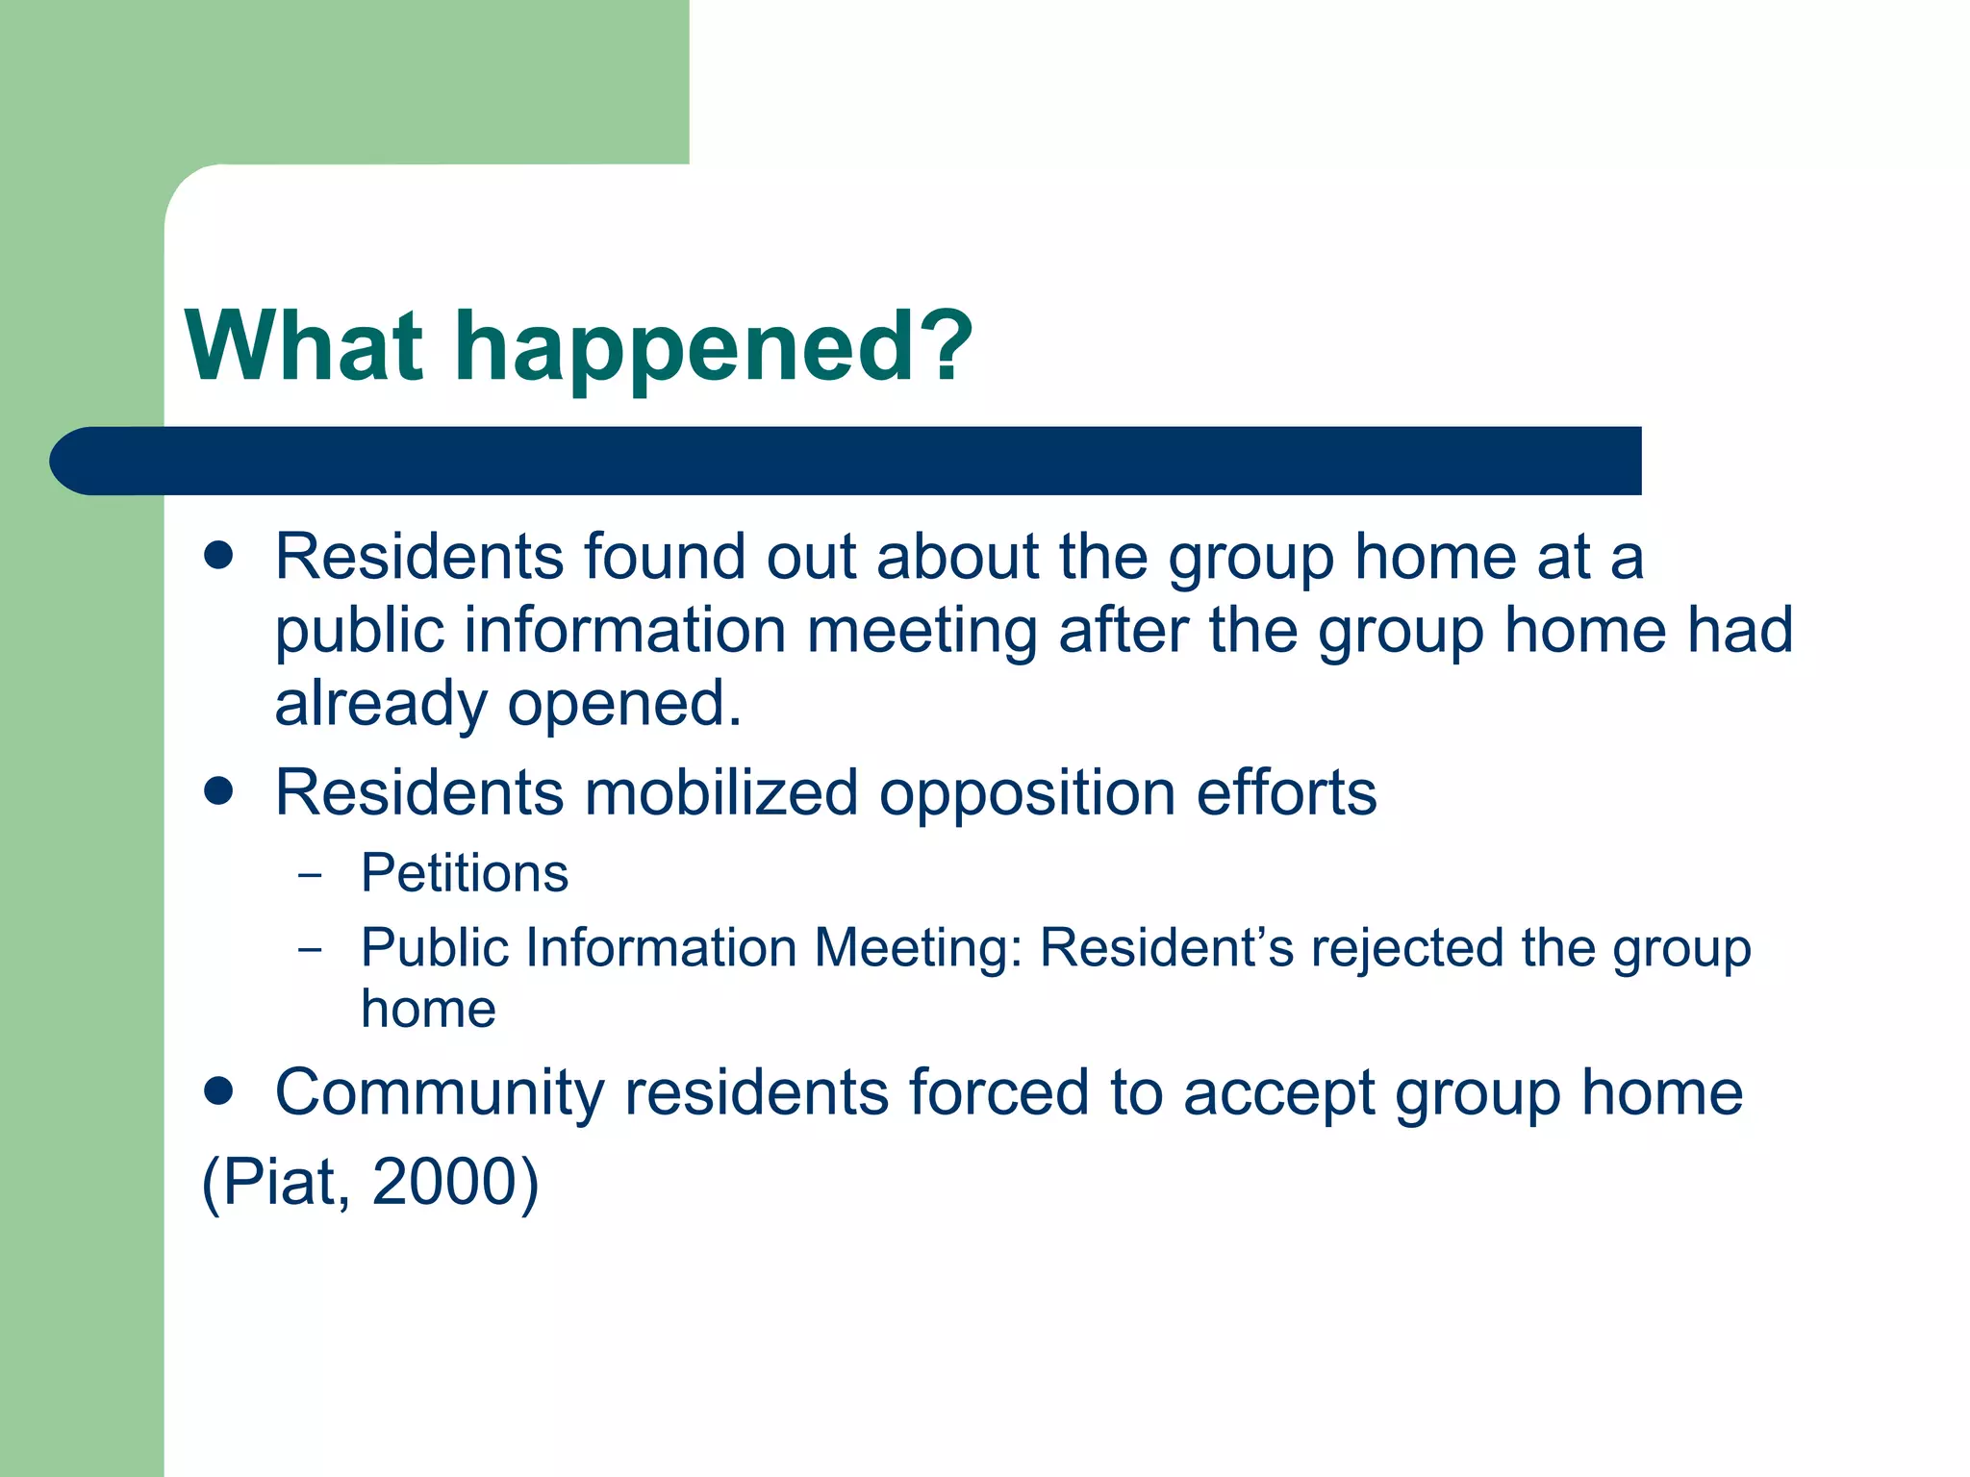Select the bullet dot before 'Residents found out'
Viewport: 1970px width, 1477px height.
coord(219,555)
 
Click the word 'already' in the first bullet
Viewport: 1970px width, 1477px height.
coord(380,705)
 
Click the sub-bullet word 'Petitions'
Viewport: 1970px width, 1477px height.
coord(465,873)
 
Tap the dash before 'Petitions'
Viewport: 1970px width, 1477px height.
coord(310,876)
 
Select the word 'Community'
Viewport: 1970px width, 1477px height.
coord(440,1094)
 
